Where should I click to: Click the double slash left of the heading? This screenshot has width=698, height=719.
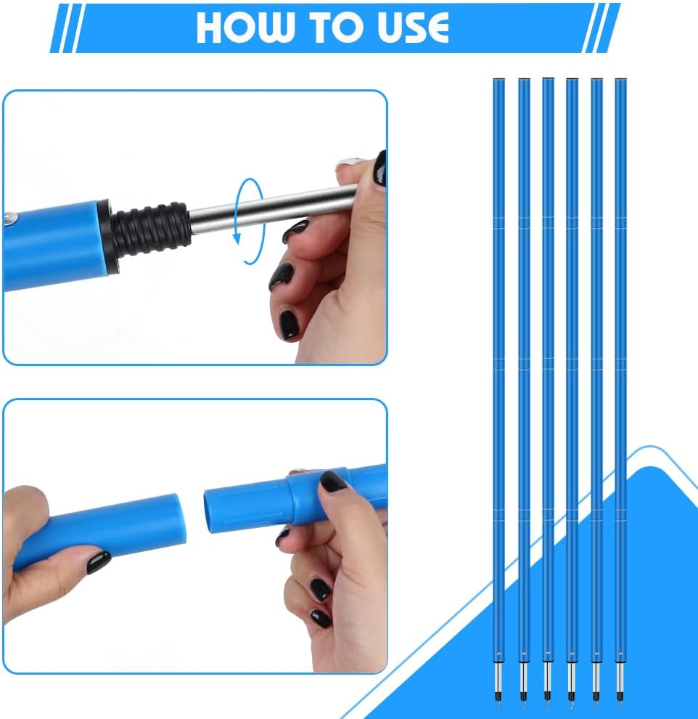(x=64, y=28)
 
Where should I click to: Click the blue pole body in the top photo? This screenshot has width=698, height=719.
(x=51, y=243)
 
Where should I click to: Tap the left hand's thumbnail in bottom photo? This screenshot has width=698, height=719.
(x=99, y=561)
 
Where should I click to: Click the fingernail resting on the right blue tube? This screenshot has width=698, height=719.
(x=333, y=482)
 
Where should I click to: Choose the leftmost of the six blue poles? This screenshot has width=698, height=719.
(x=498, y=363)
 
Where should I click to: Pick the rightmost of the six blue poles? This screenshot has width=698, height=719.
(x=620, y=363)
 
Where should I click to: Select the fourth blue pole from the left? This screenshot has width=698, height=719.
(x=572, y=363)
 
